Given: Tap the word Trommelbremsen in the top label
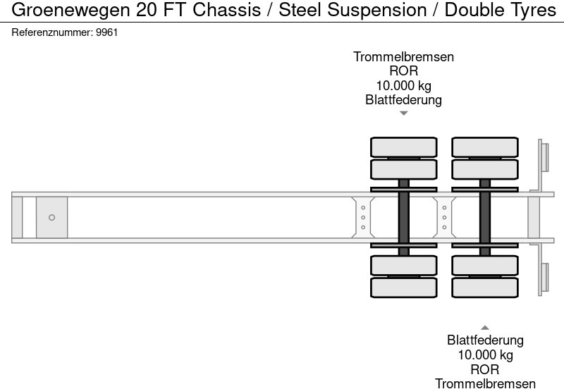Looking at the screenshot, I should [x=403, y=57].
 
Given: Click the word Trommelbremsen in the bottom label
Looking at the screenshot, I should [x=485, y=383].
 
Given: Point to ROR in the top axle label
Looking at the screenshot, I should [x=403, y=71].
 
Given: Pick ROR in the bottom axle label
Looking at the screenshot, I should [x=485, y=369].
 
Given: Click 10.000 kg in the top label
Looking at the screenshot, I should [x=403, y=85].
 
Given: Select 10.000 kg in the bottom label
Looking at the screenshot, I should [x=485, y=354].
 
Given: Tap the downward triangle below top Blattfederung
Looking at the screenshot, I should [x=403, y=113].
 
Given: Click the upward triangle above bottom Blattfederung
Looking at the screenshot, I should [x=485, y=328].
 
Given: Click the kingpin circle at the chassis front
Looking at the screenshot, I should [x=51, y=218].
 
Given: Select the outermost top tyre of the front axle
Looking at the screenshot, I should [x=404, y=147].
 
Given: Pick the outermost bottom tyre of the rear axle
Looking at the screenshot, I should [x=485, y=288].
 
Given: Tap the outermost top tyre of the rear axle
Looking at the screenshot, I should [x=485, y=147].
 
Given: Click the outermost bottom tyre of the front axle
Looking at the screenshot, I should [x=404, y=288].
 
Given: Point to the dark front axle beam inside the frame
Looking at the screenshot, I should [x=404, y=217].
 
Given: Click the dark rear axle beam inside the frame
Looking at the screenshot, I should [x=485, y=217].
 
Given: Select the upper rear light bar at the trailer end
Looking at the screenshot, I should [x=544, y=156].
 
